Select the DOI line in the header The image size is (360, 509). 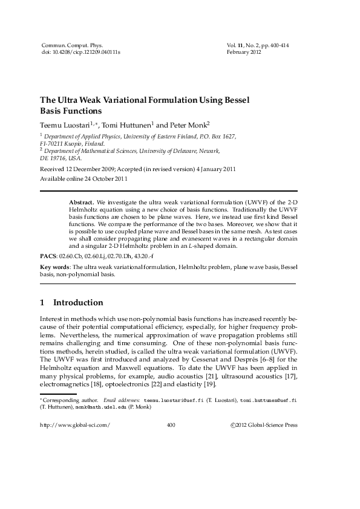[x=80, y=53]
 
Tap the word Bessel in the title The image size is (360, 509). [x=236, y=100]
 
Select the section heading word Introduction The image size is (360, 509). [x=78, y=302]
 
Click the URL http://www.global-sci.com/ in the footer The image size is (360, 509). [x=75, y=426]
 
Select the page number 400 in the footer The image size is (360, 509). [x=171, y=426]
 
